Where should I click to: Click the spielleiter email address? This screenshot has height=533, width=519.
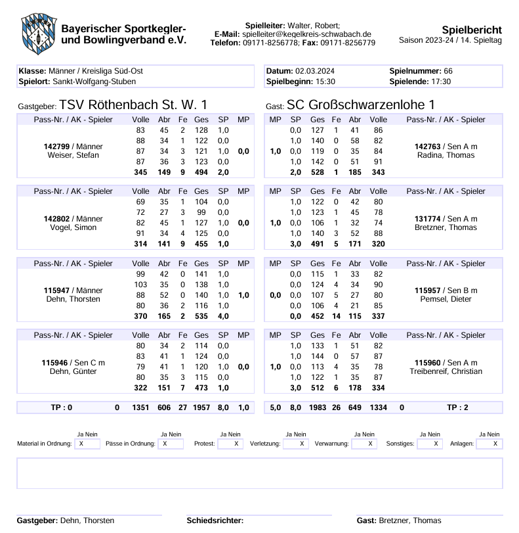coord(306,34)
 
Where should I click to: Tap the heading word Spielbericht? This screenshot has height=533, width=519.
coord(472,30)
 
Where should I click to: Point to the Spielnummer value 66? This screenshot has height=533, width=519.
coord(448,71)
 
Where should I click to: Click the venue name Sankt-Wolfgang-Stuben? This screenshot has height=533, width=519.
coord(94,81)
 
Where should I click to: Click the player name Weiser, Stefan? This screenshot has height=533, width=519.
coord(73,155)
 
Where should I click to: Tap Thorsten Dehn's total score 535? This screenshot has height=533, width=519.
coord(201,315)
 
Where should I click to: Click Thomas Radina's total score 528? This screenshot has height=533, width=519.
coord(318,172)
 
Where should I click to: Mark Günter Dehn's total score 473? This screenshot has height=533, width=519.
coord(201,388)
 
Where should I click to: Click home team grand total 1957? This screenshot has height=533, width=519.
coord(201,407)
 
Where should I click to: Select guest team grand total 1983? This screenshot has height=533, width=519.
coord(318,407)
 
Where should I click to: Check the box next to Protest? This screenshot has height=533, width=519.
coord(230,444)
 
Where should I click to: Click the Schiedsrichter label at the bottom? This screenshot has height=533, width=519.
coord(215,521)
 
